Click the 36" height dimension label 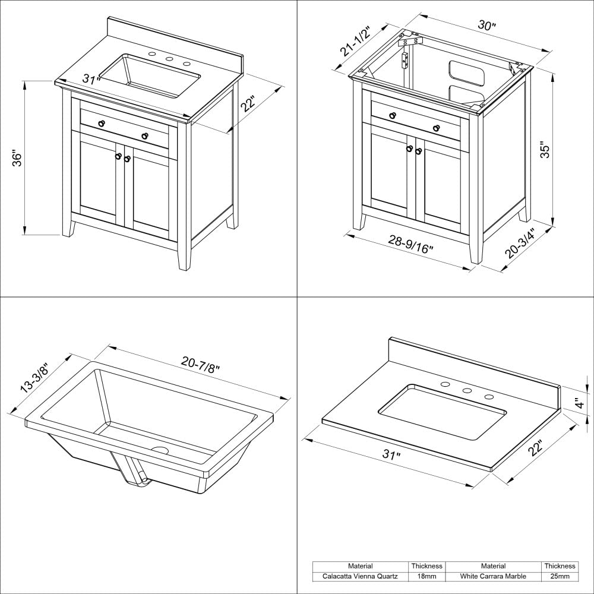click(17, 159)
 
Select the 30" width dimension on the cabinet click(487, 27)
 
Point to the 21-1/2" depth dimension click(355, 42)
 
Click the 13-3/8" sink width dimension click(34, 378)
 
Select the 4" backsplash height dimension click(580, 402)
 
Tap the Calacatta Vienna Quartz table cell click(361, 576)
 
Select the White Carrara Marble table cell click(494, 576)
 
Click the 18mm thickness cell click(427, 576)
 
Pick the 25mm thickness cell click(560, 576)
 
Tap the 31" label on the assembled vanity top click(91, 80)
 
